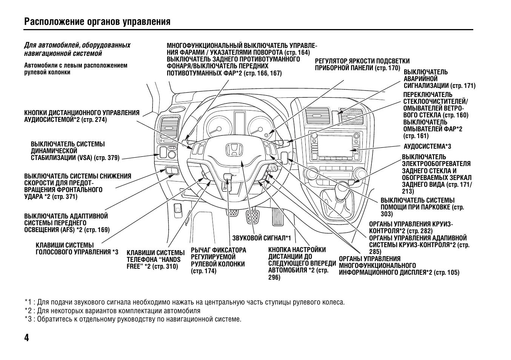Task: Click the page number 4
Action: pyautogui.click(x=26, y=337)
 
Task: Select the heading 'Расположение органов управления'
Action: pyautogui.click(x=97, y=22)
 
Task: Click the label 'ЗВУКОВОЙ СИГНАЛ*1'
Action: pyautogui.click(x=262, y=238)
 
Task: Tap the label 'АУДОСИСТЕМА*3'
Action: pyautogui.click(x=427, y=146)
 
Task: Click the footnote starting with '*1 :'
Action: pyautogui.click(x=185, y=302)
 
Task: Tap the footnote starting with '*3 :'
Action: pyautogui.click(x=133, y=319)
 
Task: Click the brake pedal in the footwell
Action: pyautogui.click(x=253, y=217)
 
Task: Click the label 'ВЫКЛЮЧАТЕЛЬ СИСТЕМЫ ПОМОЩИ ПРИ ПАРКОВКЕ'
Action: pyautogui.click(x=422, y=207)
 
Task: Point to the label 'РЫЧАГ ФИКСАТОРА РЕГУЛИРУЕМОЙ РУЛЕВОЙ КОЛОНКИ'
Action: pyautogui.click(x=218, y=260)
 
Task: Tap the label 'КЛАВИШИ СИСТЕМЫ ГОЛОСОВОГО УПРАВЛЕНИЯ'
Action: pyautogui.click(x=77, y=249)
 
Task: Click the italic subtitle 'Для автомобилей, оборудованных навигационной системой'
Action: pyautogui.click(x=77, y=49)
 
